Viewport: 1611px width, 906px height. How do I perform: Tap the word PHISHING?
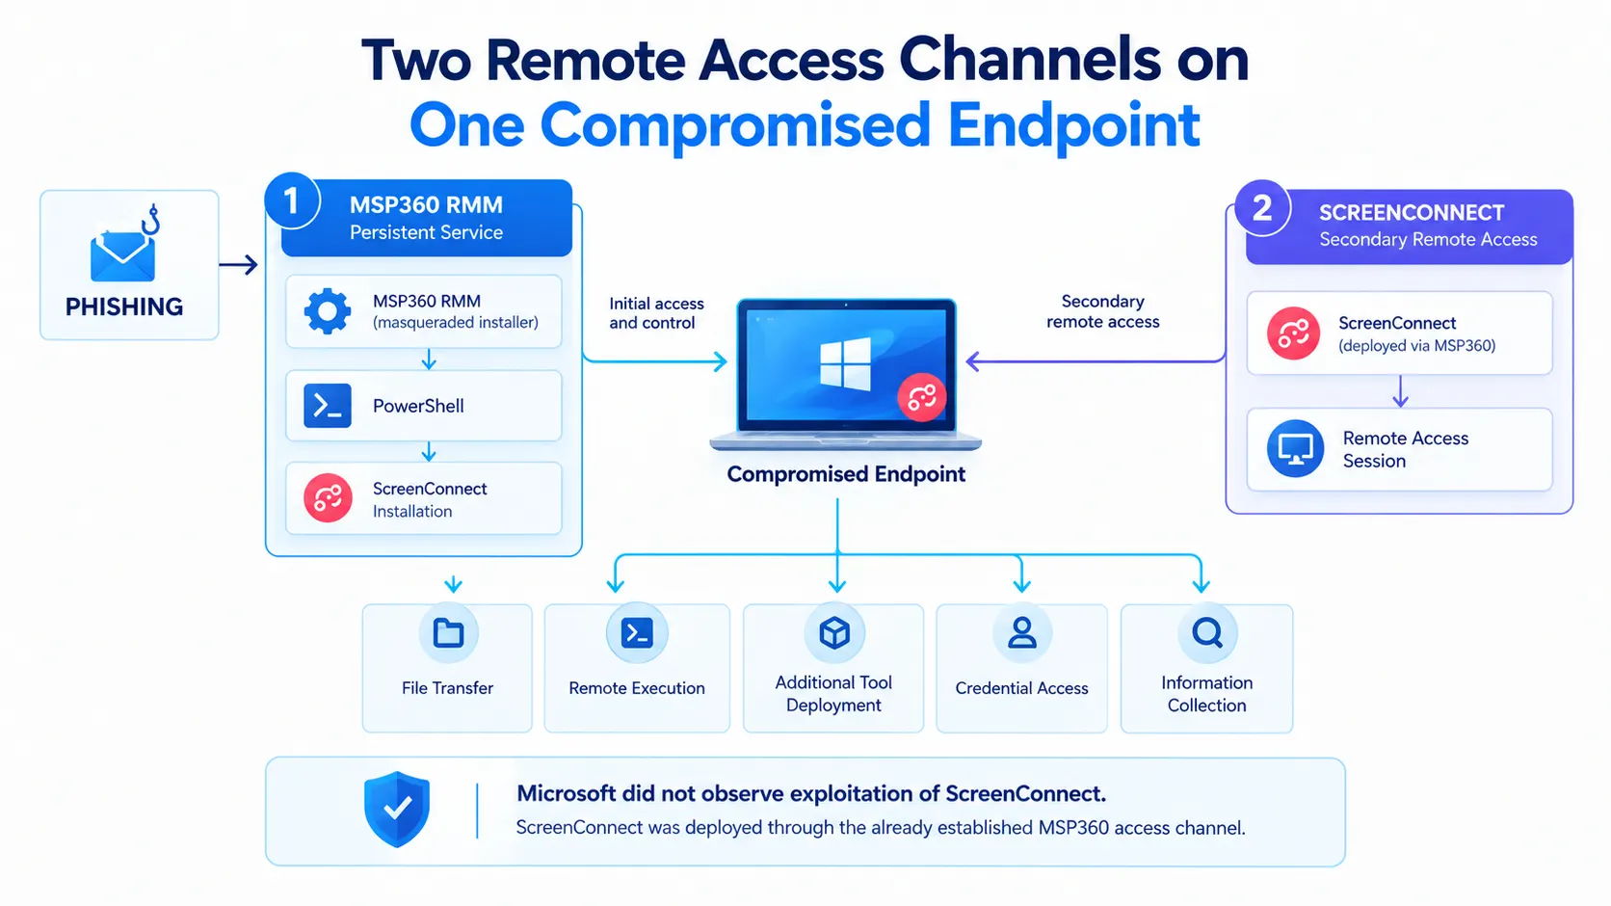tap(123, 306)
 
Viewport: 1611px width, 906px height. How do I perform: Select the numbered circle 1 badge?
tap(292, 200)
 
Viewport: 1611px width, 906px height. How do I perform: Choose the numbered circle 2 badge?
tap(1262, 208)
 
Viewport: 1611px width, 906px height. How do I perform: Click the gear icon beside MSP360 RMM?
tap(328, 311)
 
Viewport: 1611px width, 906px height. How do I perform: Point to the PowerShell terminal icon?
tap(328, 406)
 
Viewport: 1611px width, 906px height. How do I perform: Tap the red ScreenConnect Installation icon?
tap(328, 497)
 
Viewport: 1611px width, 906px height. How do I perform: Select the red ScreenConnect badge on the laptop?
tap(921, 396)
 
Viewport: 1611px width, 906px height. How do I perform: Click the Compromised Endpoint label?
tap(846, 474)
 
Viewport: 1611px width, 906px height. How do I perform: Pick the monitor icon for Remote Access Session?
tap(1295, 449)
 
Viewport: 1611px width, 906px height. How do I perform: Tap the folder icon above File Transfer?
tap(448, 633)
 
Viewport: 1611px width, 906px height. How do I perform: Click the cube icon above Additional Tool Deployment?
tap(834, 633)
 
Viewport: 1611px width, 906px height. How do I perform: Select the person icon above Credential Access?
tap(1021, 633)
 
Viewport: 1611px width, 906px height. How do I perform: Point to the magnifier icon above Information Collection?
tap(1207, 633)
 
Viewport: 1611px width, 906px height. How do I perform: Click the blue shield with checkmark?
tap(397, 809)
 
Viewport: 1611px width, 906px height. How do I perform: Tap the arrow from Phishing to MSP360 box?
tap(238, 265)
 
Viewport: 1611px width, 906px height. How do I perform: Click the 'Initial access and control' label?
tap(656, 313)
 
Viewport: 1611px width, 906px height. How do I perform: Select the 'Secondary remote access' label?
tap(1102, 311)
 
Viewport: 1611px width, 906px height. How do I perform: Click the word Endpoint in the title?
tap(1073, 125)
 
